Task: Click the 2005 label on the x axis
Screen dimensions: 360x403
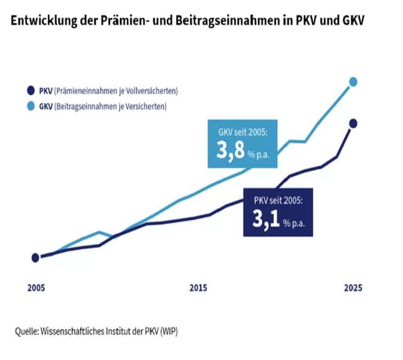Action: (x=36, y=288)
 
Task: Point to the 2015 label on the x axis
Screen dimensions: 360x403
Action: (x=198, y=288)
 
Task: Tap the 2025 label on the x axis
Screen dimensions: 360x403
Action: (x=353, y=288)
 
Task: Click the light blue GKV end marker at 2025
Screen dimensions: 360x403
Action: (x=353, y=81)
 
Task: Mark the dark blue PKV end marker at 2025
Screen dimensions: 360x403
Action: (x=353, y=124)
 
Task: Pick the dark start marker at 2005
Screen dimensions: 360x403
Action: (x=35, y=257)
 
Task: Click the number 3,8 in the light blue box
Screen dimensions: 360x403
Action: (x=229, y=151)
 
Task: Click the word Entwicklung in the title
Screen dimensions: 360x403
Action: (x=36, y=21)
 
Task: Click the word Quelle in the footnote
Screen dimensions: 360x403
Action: (x=25, y=331)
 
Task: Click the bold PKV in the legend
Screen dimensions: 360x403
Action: (x=46, y=91)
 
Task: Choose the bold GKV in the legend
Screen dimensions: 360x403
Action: (x=46, y=106)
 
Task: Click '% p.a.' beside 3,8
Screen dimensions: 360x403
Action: (x=258, y=155)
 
